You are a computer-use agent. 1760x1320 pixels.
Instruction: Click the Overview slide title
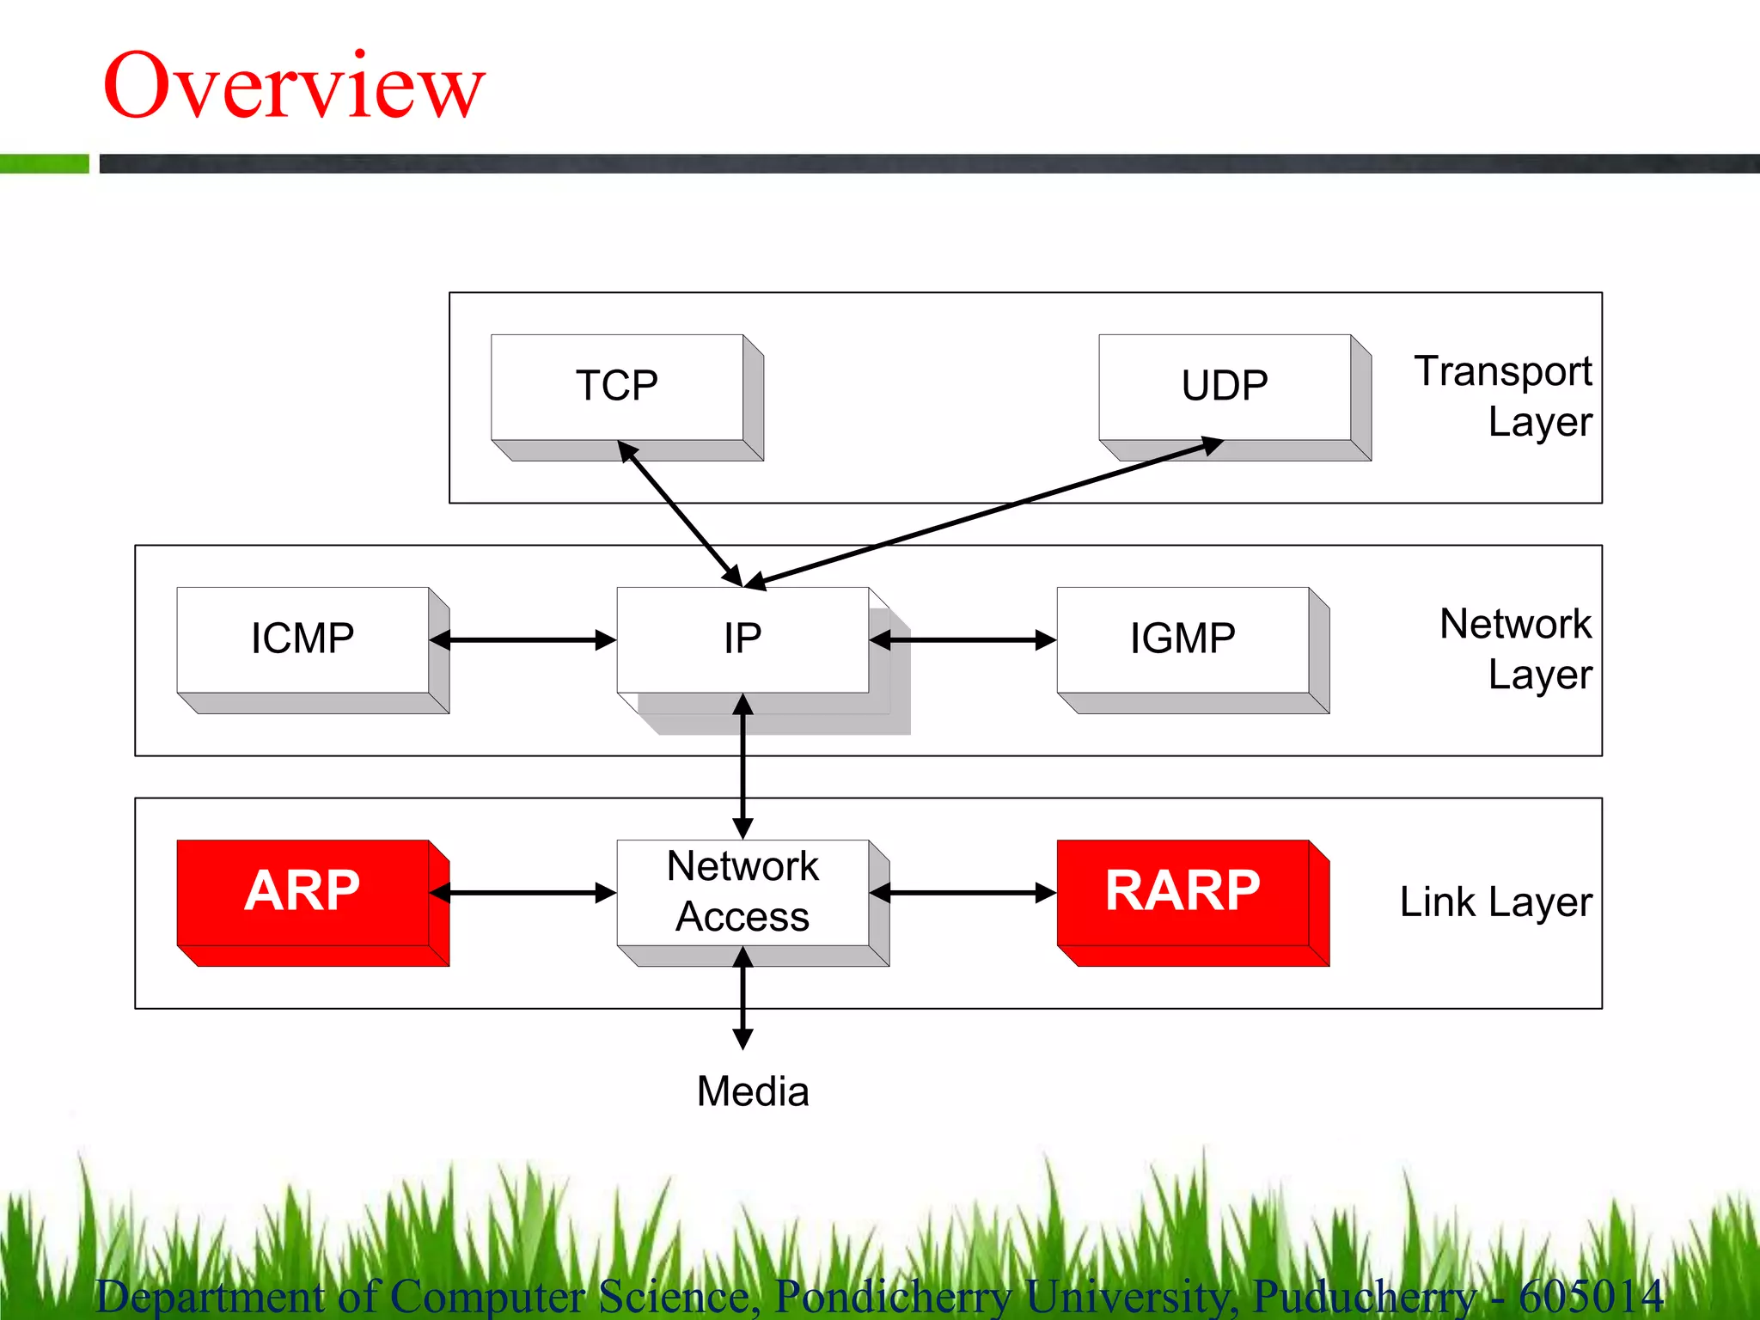(294, 86)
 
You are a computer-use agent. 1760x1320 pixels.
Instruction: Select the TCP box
(617, 387)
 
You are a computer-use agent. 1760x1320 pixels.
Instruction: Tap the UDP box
(1225, 387)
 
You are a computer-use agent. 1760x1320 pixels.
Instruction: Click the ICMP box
(302, 639)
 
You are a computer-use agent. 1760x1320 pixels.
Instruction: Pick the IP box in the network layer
(742, 639)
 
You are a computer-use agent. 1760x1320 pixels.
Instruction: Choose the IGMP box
(1182, 639)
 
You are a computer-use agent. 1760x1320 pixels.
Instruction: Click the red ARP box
(302, 892)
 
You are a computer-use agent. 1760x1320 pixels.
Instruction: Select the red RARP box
(1182, 892)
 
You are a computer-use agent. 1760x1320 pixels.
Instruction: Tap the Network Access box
(742, 892)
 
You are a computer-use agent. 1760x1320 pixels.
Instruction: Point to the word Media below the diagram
(753, 1092)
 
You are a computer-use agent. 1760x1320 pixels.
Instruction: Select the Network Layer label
(1516, 650)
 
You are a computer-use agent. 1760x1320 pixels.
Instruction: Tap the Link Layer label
(1496, 902)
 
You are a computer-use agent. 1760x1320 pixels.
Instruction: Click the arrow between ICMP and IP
(522, 640)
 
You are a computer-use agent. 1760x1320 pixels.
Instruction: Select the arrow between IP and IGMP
(962, 640)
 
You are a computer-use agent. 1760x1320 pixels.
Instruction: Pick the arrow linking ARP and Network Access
(522, 893)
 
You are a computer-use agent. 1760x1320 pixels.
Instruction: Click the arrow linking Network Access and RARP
(962, 893)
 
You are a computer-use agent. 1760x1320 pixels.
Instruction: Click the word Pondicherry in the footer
(894, 1297)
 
